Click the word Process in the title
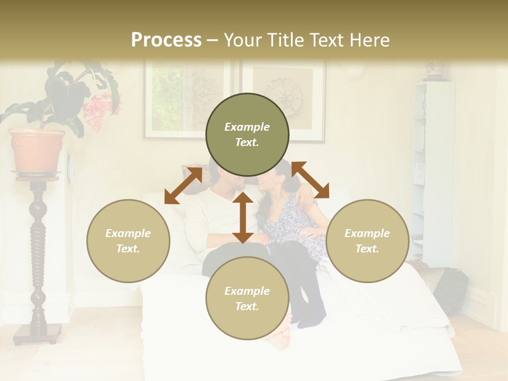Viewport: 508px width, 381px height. click(166, 40)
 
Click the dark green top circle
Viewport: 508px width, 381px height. click(247, 134)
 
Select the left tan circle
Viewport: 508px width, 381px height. click(128, 241)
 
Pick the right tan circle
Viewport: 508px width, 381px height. click(367, 241)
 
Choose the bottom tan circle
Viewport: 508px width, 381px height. click(247, 298)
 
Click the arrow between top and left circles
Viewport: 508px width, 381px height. click(183, 186)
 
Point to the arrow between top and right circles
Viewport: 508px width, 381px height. click(310, 180)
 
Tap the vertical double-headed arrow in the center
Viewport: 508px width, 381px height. click(243, 217)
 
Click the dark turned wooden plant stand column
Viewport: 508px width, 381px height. click(38, 254)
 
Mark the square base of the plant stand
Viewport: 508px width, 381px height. click(38, 333)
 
